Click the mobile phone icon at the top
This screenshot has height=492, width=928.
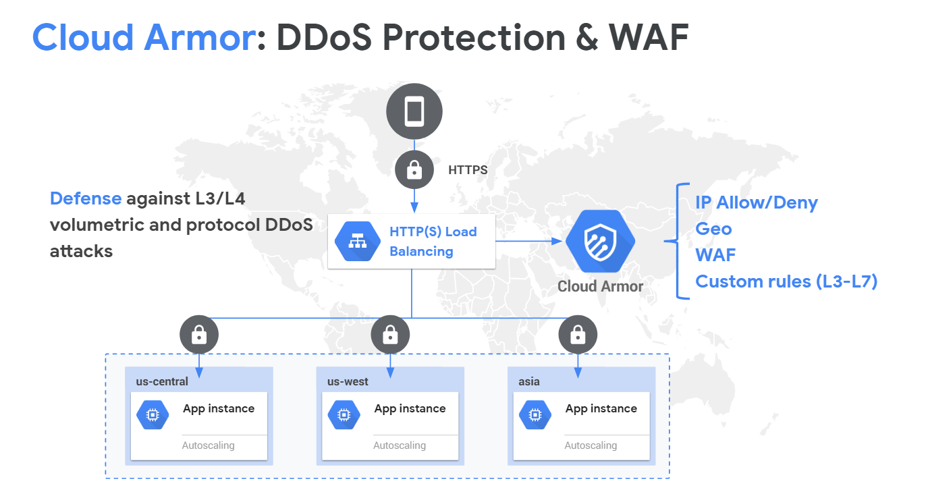point(414,111)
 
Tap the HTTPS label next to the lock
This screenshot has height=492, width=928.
point(468,170)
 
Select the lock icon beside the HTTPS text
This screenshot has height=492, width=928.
point(414,170)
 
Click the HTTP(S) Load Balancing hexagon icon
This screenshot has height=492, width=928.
point(358,241)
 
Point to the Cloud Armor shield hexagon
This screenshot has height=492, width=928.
point(600,241)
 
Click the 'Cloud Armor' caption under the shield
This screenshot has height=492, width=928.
point(600,286)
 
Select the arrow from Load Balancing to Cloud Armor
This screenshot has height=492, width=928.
point(529,241)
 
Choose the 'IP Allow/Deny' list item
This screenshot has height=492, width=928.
point(757,202)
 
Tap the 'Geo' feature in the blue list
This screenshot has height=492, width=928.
point(713,229)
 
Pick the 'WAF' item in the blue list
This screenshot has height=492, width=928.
point(715,255)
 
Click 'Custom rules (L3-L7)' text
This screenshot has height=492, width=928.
point(786,281)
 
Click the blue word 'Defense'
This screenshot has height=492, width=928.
point(86,198)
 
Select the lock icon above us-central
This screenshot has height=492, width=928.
point(199,335)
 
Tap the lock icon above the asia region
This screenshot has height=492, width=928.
point(578,335)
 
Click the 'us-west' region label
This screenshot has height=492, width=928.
point(348,381)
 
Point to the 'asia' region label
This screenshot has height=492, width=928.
point(529,381)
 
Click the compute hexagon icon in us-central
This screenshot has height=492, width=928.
point(153,414)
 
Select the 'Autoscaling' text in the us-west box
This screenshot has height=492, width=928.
point(400,445)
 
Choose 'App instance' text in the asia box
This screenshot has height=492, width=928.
point(601,409)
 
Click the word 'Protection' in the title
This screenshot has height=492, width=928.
point(474,38)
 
